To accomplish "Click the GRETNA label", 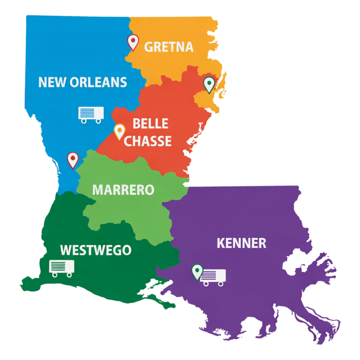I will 169,47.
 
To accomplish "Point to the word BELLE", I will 150,124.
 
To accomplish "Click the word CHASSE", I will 148,141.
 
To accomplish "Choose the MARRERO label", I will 123,190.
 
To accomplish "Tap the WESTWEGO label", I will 95,250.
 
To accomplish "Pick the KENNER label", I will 241,243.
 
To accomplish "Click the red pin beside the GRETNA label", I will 133,42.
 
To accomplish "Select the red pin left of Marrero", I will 73,159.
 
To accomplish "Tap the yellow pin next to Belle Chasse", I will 119,131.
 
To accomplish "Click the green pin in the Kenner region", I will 197,271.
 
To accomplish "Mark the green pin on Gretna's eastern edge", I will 209,84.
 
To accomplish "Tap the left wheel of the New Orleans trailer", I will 84,121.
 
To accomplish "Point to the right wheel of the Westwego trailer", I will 69,275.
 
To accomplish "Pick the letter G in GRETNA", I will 149,47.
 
